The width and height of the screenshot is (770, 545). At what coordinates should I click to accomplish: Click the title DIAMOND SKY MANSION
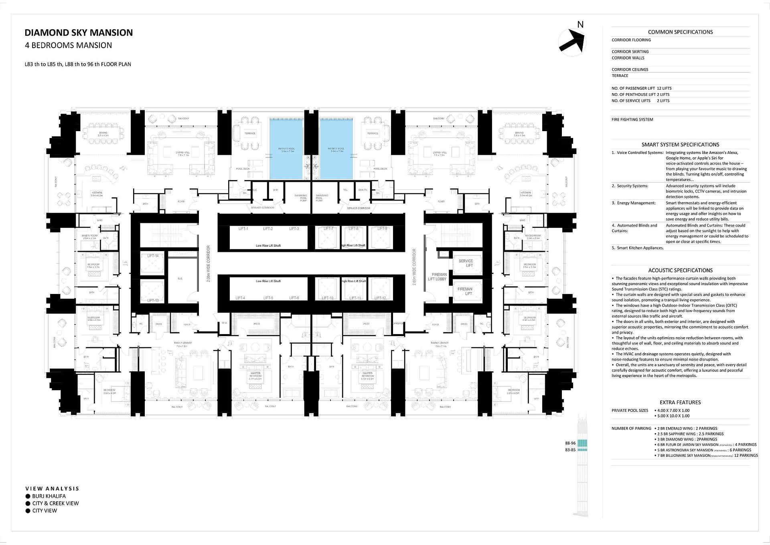point(79,33)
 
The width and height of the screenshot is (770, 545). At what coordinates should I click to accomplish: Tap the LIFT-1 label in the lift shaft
point(243,229)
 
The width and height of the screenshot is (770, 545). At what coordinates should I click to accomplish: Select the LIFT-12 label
point(380,298)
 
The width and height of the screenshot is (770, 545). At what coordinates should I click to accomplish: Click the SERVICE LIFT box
point(466,263)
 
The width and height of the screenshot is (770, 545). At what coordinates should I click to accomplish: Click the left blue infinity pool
point(286,148)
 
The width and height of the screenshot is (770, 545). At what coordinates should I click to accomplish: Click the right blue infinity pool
point(336,148)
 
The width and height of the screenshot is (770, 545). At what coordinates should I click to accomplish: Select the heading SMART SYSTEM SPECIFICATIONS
point(680,145)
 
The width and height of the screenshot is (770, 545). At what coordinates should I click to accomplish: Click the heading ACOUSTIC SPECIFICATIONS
point(680,271)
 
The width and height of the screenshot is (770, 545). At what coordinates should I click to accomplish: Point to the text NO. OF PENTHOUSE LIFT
point(633,95)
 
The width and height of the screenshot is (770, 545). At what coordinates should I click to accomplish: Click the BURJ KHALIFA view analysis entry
point(49,496)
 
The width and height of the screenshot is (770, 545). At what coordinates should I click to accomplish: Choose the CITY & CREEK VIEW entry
point(55,503)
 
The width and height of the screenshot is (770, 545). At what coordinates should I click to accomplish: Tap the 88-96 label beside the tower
point(570,443)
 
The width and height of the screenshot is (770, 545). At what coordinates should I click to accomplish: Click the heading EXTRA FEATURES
point(680,403)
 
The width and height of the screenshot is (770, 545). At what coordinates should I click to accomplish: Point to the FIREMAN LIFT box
point(465,291)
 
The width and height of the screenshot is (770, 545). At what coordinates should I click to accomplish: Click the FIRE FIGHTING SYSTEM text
point(632,120)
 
